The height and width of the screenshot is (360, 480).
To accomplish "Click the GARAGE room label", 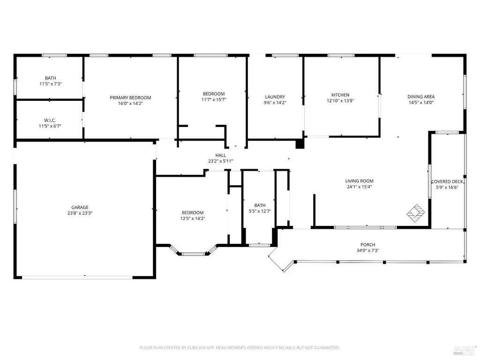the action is [x=80, y=207].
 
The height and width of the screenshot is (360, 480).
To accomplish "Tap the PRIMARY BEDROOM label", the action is [x=130, y=97].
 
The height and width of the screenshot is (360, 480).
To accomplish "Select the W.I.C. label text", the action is [x=50, y=120].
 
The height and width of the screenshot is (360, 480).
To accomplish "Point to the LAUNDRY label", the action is [x=275, y=97].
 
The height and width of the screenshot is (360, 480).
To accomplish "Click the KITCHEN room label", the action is [x=340, y=95].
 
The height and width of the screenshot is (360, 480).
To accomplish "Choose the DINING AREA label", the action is [x=421, y=97].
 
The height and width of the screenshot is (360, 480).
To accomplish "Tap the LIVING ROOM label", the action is [x=359, y=181].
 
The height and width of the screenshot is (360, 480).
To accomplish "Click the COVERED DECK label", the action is [x=447, y=181].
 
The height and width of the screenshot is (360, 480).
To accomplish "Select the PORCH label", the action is [x=367, y=245].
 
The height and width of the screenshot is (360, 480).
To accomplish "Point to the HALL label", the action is [x=220, y=155].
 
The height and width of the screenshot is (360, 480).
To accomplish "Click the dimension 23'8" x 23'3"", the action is [x=80, y=213].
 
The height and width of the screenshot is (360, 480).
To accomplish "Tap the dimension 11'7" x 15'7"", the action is [x=214, y=99].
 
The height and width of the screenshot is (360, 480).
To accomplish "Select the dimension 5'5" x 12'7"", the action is [x=260, y=211].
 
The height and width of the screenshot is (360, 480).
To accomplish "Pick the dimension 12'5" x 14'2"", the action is [x=193, y=218].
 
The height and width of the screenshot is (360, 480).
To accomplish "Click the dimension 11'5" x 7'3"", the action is [x=51, y=83].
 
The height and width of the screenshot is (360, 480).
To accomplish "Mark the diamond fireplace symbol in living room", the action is [x=416, y=213].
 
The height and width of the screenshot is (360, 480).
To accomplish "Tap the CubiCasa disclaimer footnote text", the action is [x=240, y=348].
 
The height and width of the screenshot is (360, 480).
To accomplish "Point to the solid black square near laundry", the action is [x=300, y=144].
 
